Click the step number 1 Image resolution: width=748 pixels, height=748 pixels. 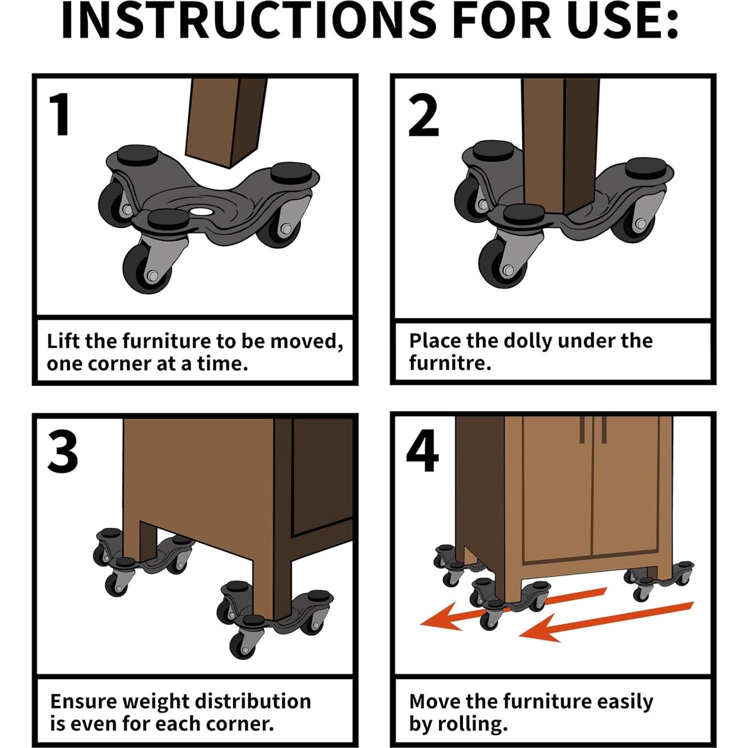coord(61,115)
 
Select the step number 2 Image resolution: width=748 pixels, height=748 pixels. coord(423,116)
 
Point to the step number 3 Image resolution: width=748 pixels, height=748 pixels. coord(62,453)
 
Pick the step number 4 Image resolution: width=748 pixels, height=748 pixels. coord(422,452)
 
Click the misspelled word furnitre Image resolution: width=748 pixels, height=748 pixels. coord(450,363)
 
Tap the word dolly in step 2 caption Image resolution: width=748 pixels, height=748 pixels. coord(528,341)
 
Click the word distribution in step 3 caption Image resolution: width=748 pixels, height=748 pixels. coord(252,701)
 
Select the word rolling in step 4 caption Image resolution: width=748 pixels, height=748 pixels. coord(472,724)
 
